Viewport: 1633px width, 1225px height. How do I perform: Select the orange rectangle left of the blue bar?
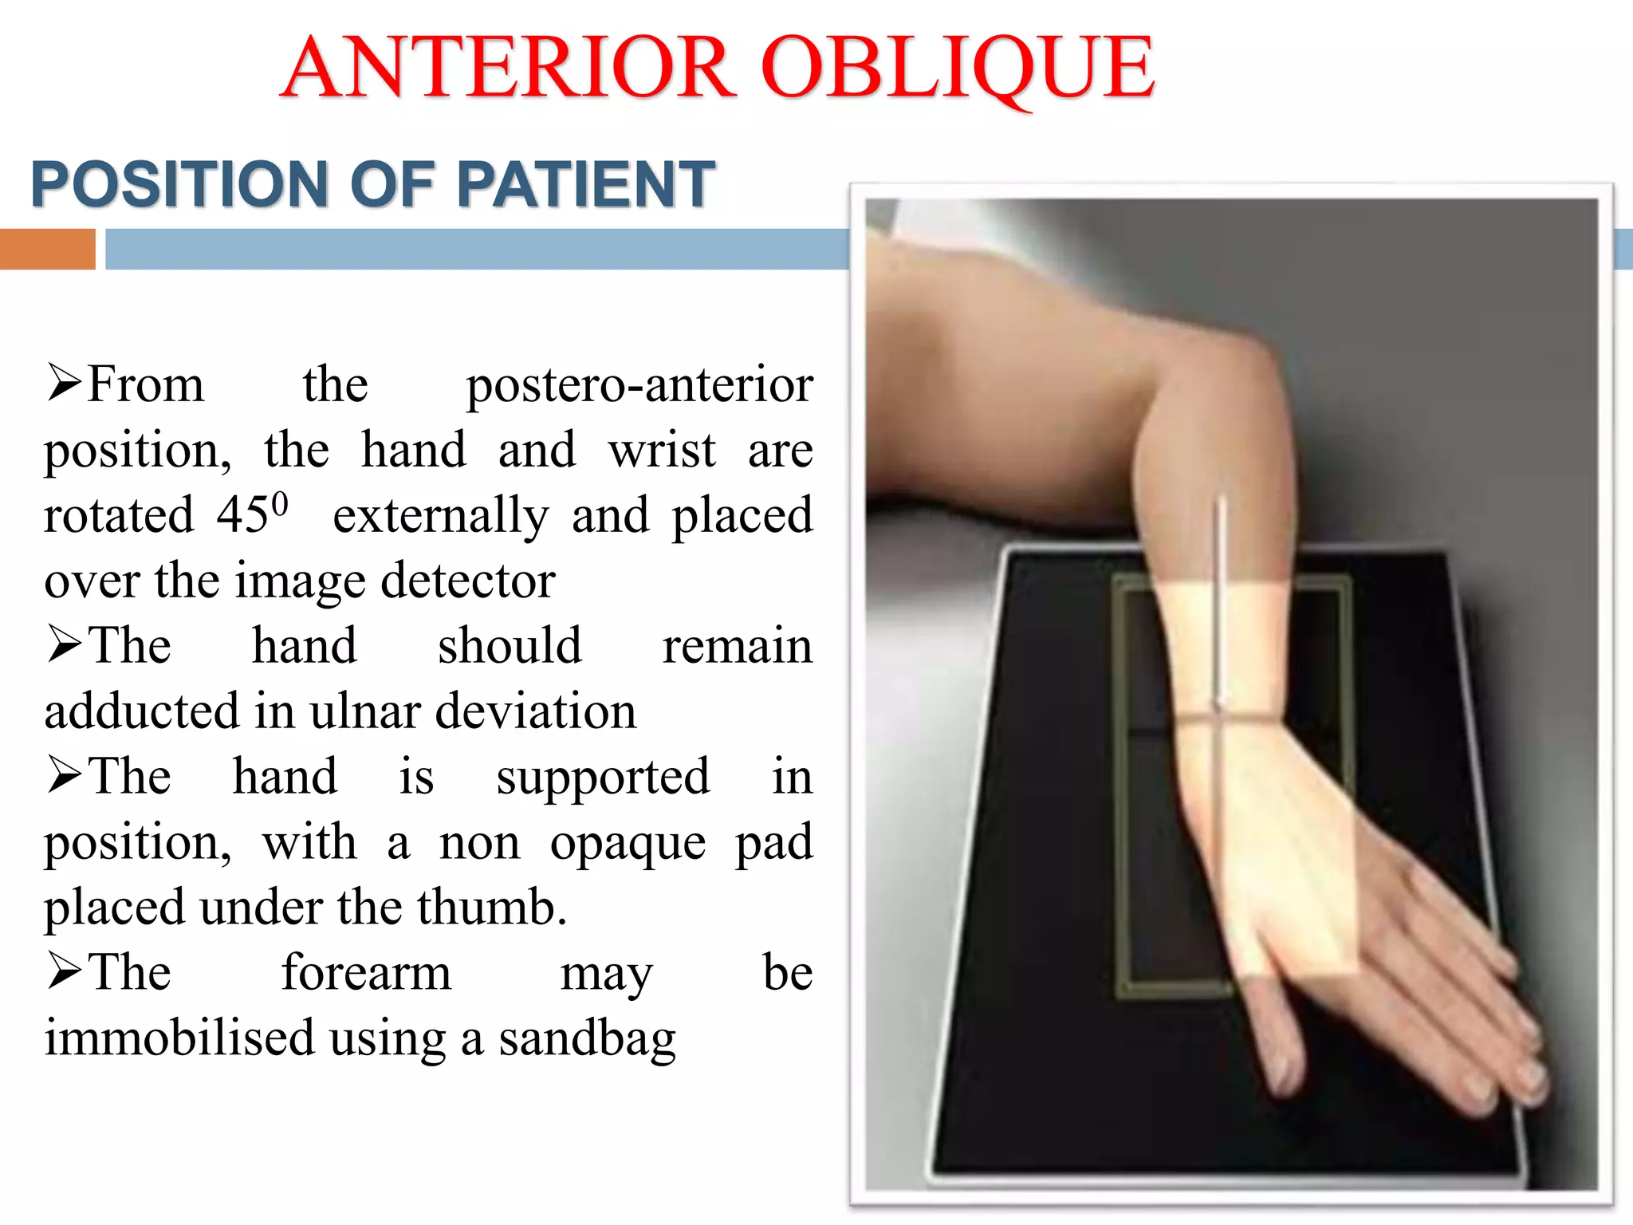47,249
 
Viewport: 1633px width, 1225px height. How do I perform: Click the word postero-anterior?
639,385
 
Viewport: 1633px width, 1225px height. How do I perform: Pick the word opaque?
628,844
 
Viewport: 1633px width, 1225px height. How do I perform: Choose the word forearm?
366,973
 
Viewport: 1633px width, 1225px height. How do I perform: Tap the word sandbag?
587,1039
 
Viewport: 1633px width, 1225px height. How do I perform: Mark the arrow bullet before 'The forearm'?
63,971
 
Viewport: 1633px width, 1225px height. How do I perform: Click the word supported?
602,777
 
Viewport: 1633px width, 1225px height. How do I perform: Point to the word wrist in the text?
662,451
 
